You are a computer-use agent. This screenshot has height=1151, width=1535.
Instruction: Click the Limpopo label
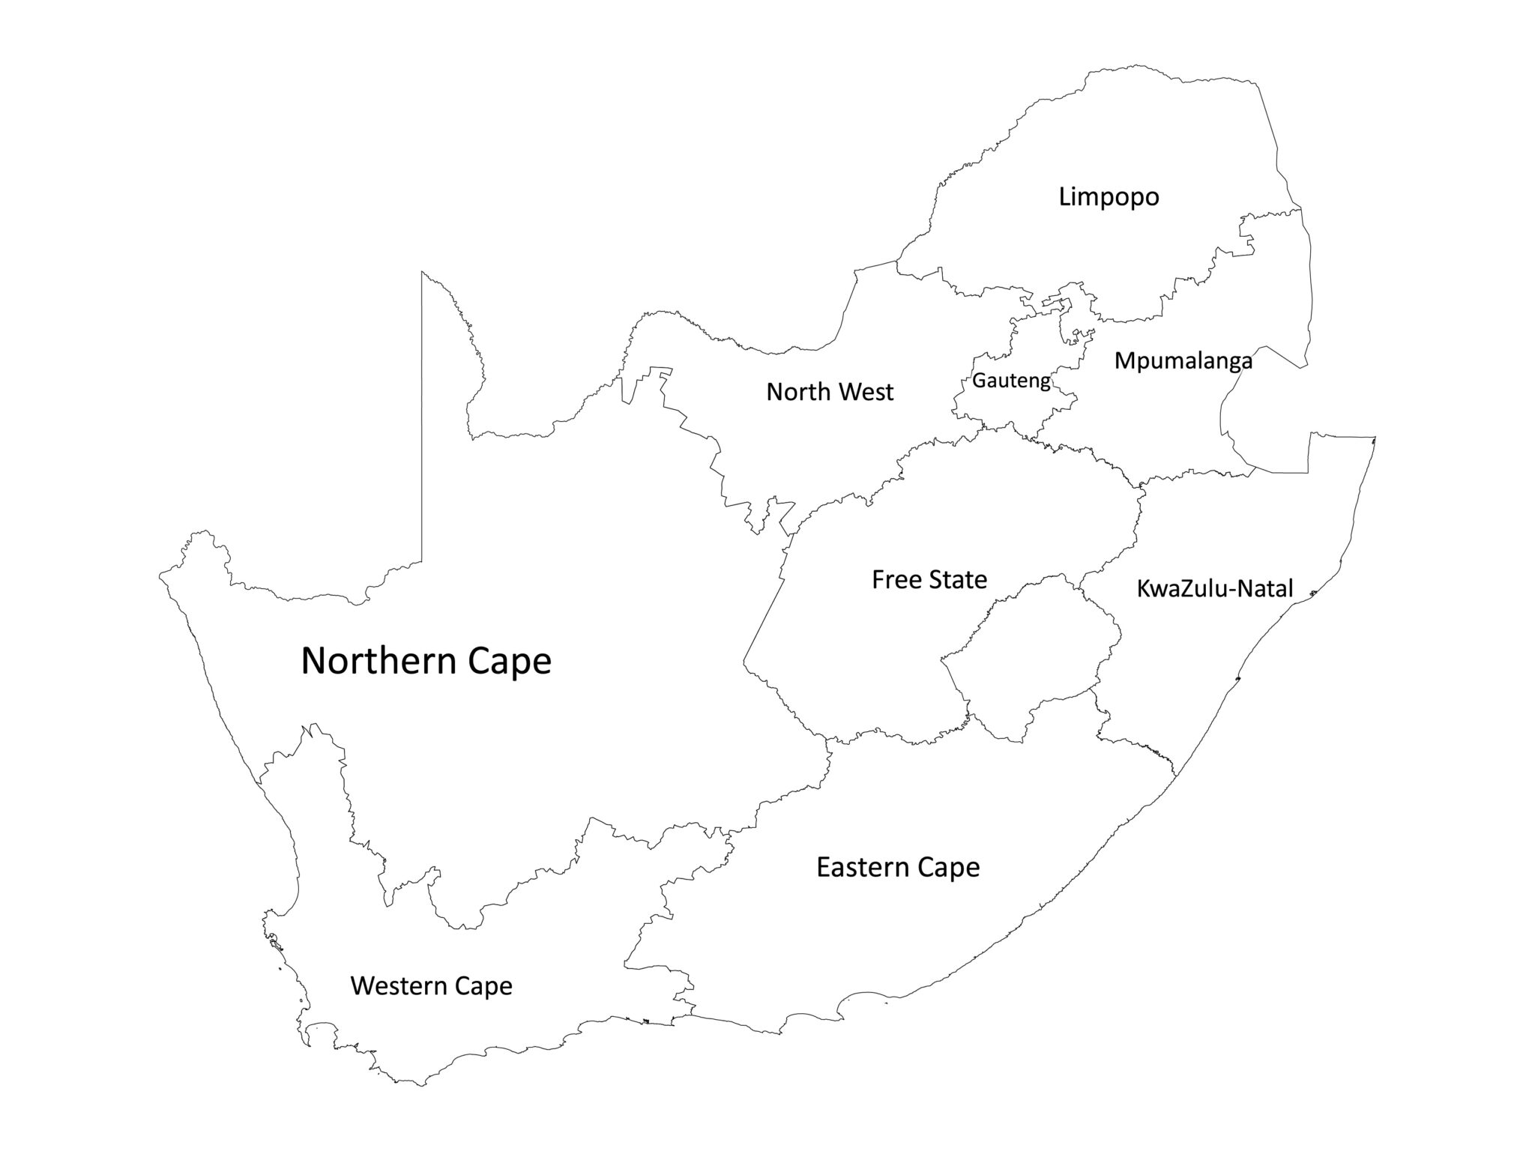coord(1109,198)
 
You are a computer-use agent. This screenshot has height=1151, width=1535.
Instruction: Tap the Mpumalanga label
coord(1183,361)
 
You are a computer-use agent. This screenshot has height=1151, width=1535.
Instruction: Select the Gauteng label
coord(1011,381)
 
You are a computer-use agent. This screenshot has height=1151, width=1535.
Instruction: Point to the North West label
coord(830,392)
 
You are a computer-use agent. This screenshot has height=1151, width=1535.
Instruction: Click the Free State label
coord(929,579)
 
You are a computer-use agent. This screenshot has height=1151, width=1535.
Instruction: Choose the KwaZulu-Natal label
coord(1215,589)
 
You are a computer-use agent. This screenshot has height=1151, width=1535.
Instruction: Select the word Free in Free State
coord(893,579)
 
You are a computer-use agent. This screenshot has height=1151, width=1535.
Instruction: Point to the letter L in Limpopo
coord(1065,198)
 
